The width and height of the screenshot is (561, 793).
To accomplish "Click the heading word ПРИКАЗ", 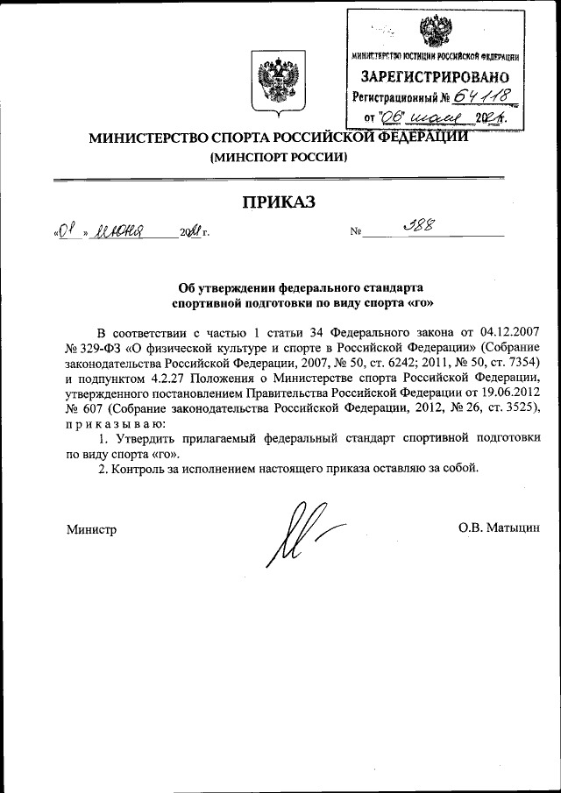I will pyautogui.click(x=279, y=202).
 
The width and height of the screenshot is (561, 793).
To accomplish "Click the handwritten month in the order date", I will pyautogui.click(x=123, y=232).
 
